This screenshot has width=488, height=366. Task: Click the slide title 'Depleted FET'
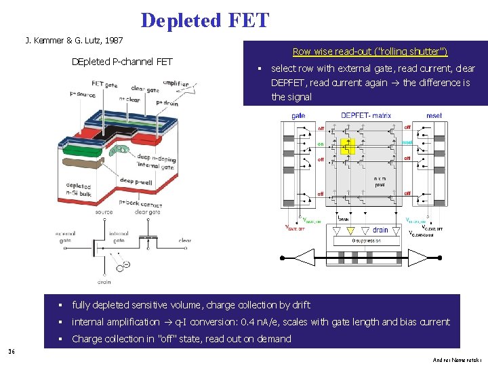205,20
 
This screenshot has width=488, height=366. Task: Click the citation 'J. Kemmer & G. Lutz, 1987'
74,41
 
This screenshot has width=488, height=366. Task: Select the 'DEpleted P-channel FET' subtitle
122,62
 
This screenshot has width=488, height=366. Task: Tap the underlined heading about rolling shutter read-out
369,52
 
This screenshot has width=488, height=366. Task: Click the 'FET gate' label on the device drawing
105,85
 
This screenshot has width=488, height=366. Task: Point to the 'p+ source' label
82,94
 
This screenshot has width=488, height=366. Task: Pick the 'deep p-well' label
136,181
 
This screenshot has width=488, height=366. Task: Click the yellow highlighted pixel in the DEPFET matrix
347,145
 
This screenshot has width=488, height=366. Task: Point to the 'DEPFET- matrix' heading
366,116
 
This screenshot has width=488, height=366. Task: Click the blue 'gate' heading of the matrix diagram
298,116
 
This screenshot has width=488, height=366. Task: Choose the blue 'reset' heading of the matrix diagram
434,116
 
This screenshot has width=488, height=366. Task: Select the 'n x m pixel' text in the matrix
380,181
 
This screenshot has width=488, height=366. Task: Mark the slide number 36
12,351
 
